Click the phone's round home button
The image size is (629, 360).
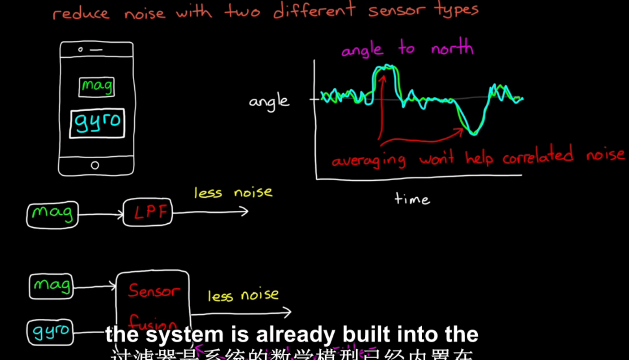(x=95, y=165)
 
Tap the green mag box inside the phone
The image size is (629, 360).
(x=96, y=87)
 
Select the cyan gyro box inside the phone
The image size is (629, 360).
(x=97, y=123)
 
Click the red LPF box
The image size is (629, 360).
(x=148, y=212)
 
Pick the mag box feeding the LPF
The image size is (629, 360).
(x=52, y=214)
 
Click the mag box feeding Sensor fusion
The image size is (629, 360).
(x=51, y=286)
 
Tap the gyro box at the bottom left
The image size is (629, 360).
(x=50, y=332)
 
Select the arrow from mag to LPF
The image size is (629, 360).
(x=100, y=215)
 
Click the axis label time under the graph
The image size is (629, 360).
(x=412, y=198)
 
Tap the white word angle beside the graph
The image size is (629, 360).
(x=269, y=101)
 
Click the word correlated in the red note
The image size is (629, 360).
(x=538, y=156)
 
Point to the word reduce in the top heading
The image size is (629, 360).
(x=81, y=13)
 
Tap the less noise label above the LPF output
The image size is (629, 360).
(x=233, y=192)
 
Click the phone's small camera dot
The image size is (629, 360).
(x=81, y=49)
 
